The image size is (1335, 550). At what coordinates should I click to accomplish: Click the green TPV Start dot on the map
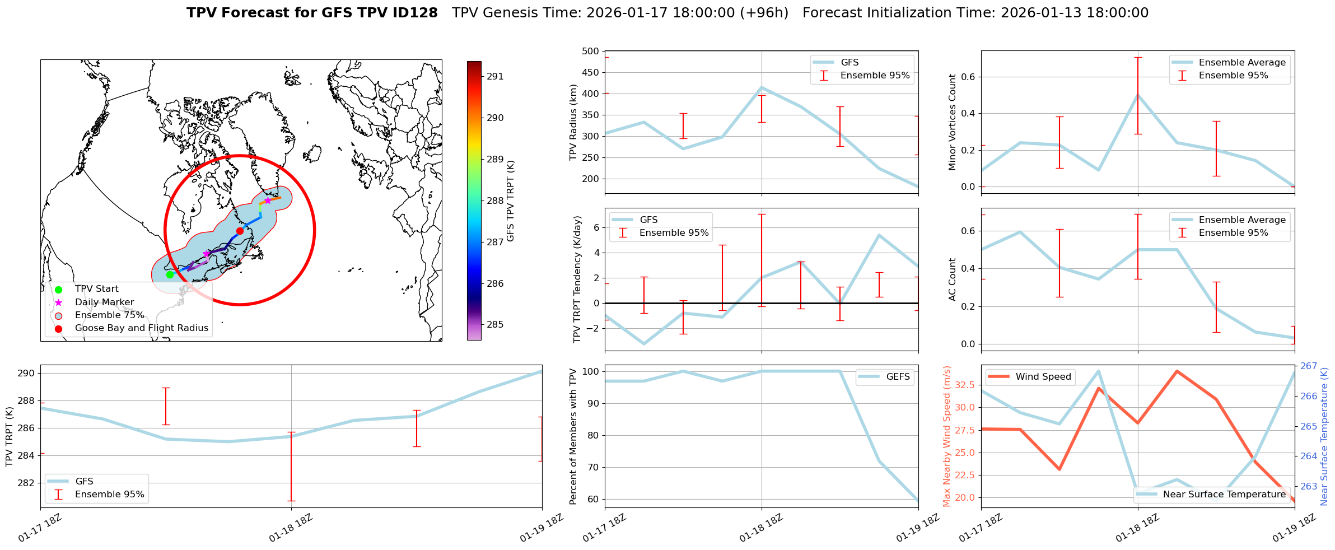[x=170, y=274]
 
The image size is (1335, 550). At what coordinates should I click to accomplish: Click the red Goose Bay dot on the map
[x=240, y=231]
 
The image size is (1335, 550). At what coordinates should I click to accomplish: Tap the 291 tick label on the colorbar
[x=495, y=77]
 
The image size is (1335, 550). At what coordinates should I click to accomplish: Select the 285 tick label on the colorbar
[x=495, y=324]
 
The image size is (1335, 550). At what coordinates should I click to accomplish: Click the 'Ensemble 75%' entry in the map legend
[x=109, y=315]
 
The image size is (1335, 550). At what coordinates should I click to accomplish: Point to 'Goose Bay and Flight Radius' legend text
[x=141, y=328]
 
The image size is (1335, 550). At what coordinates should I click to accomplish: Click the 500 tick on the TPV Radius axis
[x=591, y=52]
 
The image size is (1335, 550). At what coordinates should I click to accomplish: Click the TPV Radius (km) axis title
[x=573, y=122]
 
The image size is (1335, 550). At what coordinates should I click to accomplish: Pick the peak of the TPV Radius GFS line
[x=762, y=87]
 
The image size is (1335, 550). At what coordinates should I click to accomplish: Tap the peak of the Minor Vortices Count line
[x=1138, y=95]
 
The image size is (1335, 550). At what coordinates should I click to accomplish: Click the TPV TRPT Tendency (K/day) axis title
[x=577, y=279]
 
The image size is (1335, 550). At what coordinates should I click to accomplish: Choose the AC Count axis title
[x=952, y=279]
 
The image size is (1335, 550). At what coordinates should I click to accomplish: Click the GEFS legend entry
[x=898, y=377]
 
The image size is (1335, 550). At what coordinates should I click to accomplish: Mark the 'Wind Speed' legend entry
[x=1043, y=377]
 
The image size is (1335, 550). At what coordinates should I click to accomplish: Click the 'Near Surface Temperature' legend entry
[x=1224, y=495]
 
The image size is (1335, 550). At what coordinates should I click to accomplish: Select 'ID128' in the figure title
[x=416, y=13]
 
